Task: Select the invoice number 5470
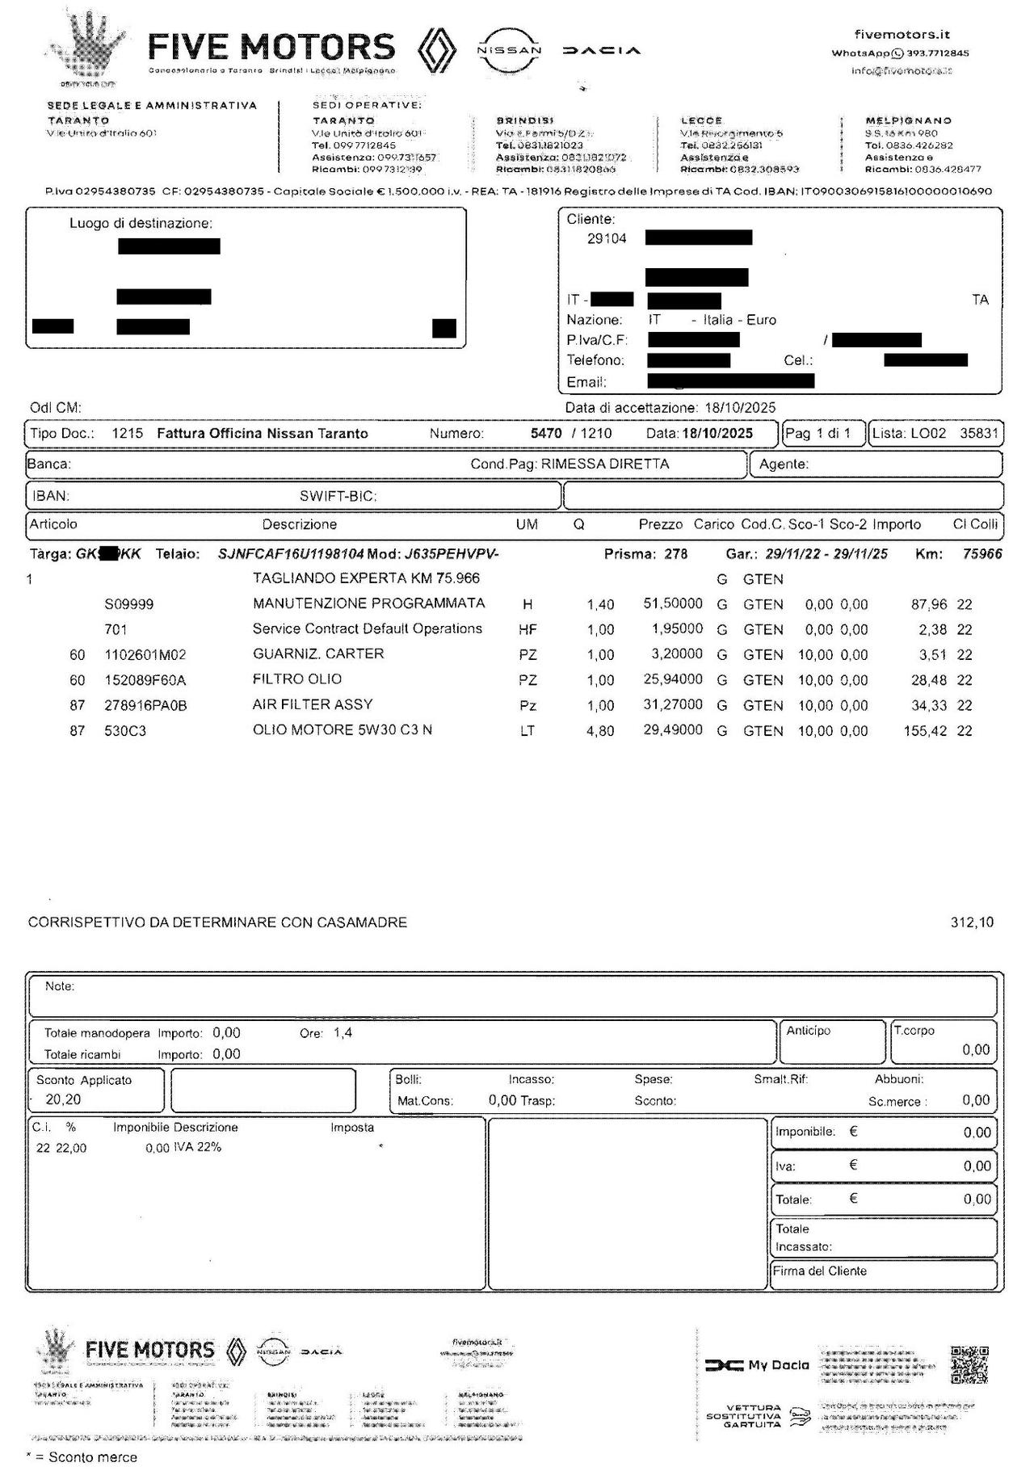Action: pyautogui.click(x=546, y=434)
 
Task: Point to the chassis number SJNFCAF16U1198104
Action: pyautogui.click(x=291, y=554)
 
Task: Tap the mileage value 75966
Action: pyautogui.click(x=982, y=554)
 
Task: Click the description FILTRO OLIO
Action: pyautogui.click(x=296, y=679)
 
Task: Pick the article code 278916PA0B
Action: pyautogui.click(x=145, y=705)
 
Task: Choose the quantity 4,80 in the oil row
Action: pyautogui.click(x=600, y=731)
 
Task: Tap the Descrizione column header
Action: pyautogui.click(x=299, y=524)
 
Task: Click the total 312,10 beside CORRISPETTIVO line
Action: pyautogui.click(x=972, y=922)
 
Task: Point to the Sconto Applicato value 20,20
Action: pyautogui.click(x=63, y=1099)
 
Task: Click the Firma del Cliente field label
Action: pyautogui.click(x=819, y=1271)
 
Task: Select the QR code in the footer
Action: pyautogui.click(x=969, y=1364)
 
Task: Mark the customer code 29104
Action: pyautogui.click(x=607, y=238)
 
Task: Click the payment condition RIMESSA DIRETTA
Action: pyautogui.click(x=605, y=464)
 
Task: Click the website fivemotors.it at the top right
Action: pyautogui.click(x=902, y=34)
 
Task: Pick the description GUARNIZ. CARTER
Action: pyautogui.click(x=317, y=653)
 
